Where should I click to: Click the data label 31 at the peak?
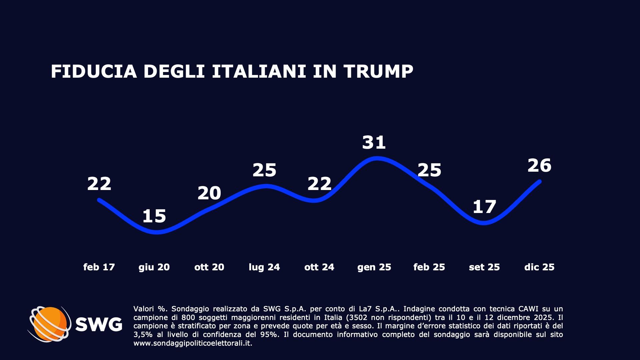coord(374,142)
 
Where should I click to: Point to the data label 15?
coord(154,216)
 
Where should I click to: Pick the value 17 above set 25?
coord(484,207)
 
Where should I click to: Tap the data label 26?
coord(539,166)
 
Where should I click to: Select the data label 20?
coord(209,193)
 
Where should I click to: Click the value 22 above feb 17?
coord(99,184)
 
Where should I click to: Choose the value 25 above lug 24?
coord(264,170)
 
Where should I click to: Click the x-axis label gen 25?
coord(374,267)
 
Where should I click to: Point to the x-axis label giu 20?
coord(154,267)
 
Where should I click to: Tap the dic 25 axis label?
coord(539,267)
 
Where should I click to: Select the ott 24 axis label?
coord(319,267)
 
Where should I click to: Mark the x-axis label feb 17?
coord(99,267)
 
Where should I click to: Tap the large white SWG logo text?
coord(99,324)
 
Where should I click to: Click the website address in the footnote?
coord(192,343)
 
